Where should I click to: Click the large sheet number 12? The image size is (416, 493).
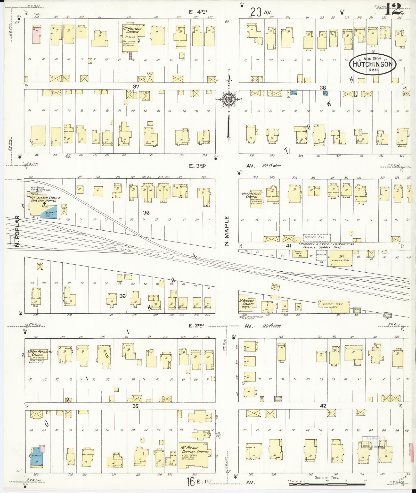pos(393,10)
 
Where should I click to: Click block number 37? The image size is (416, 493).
pos(136,87)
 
